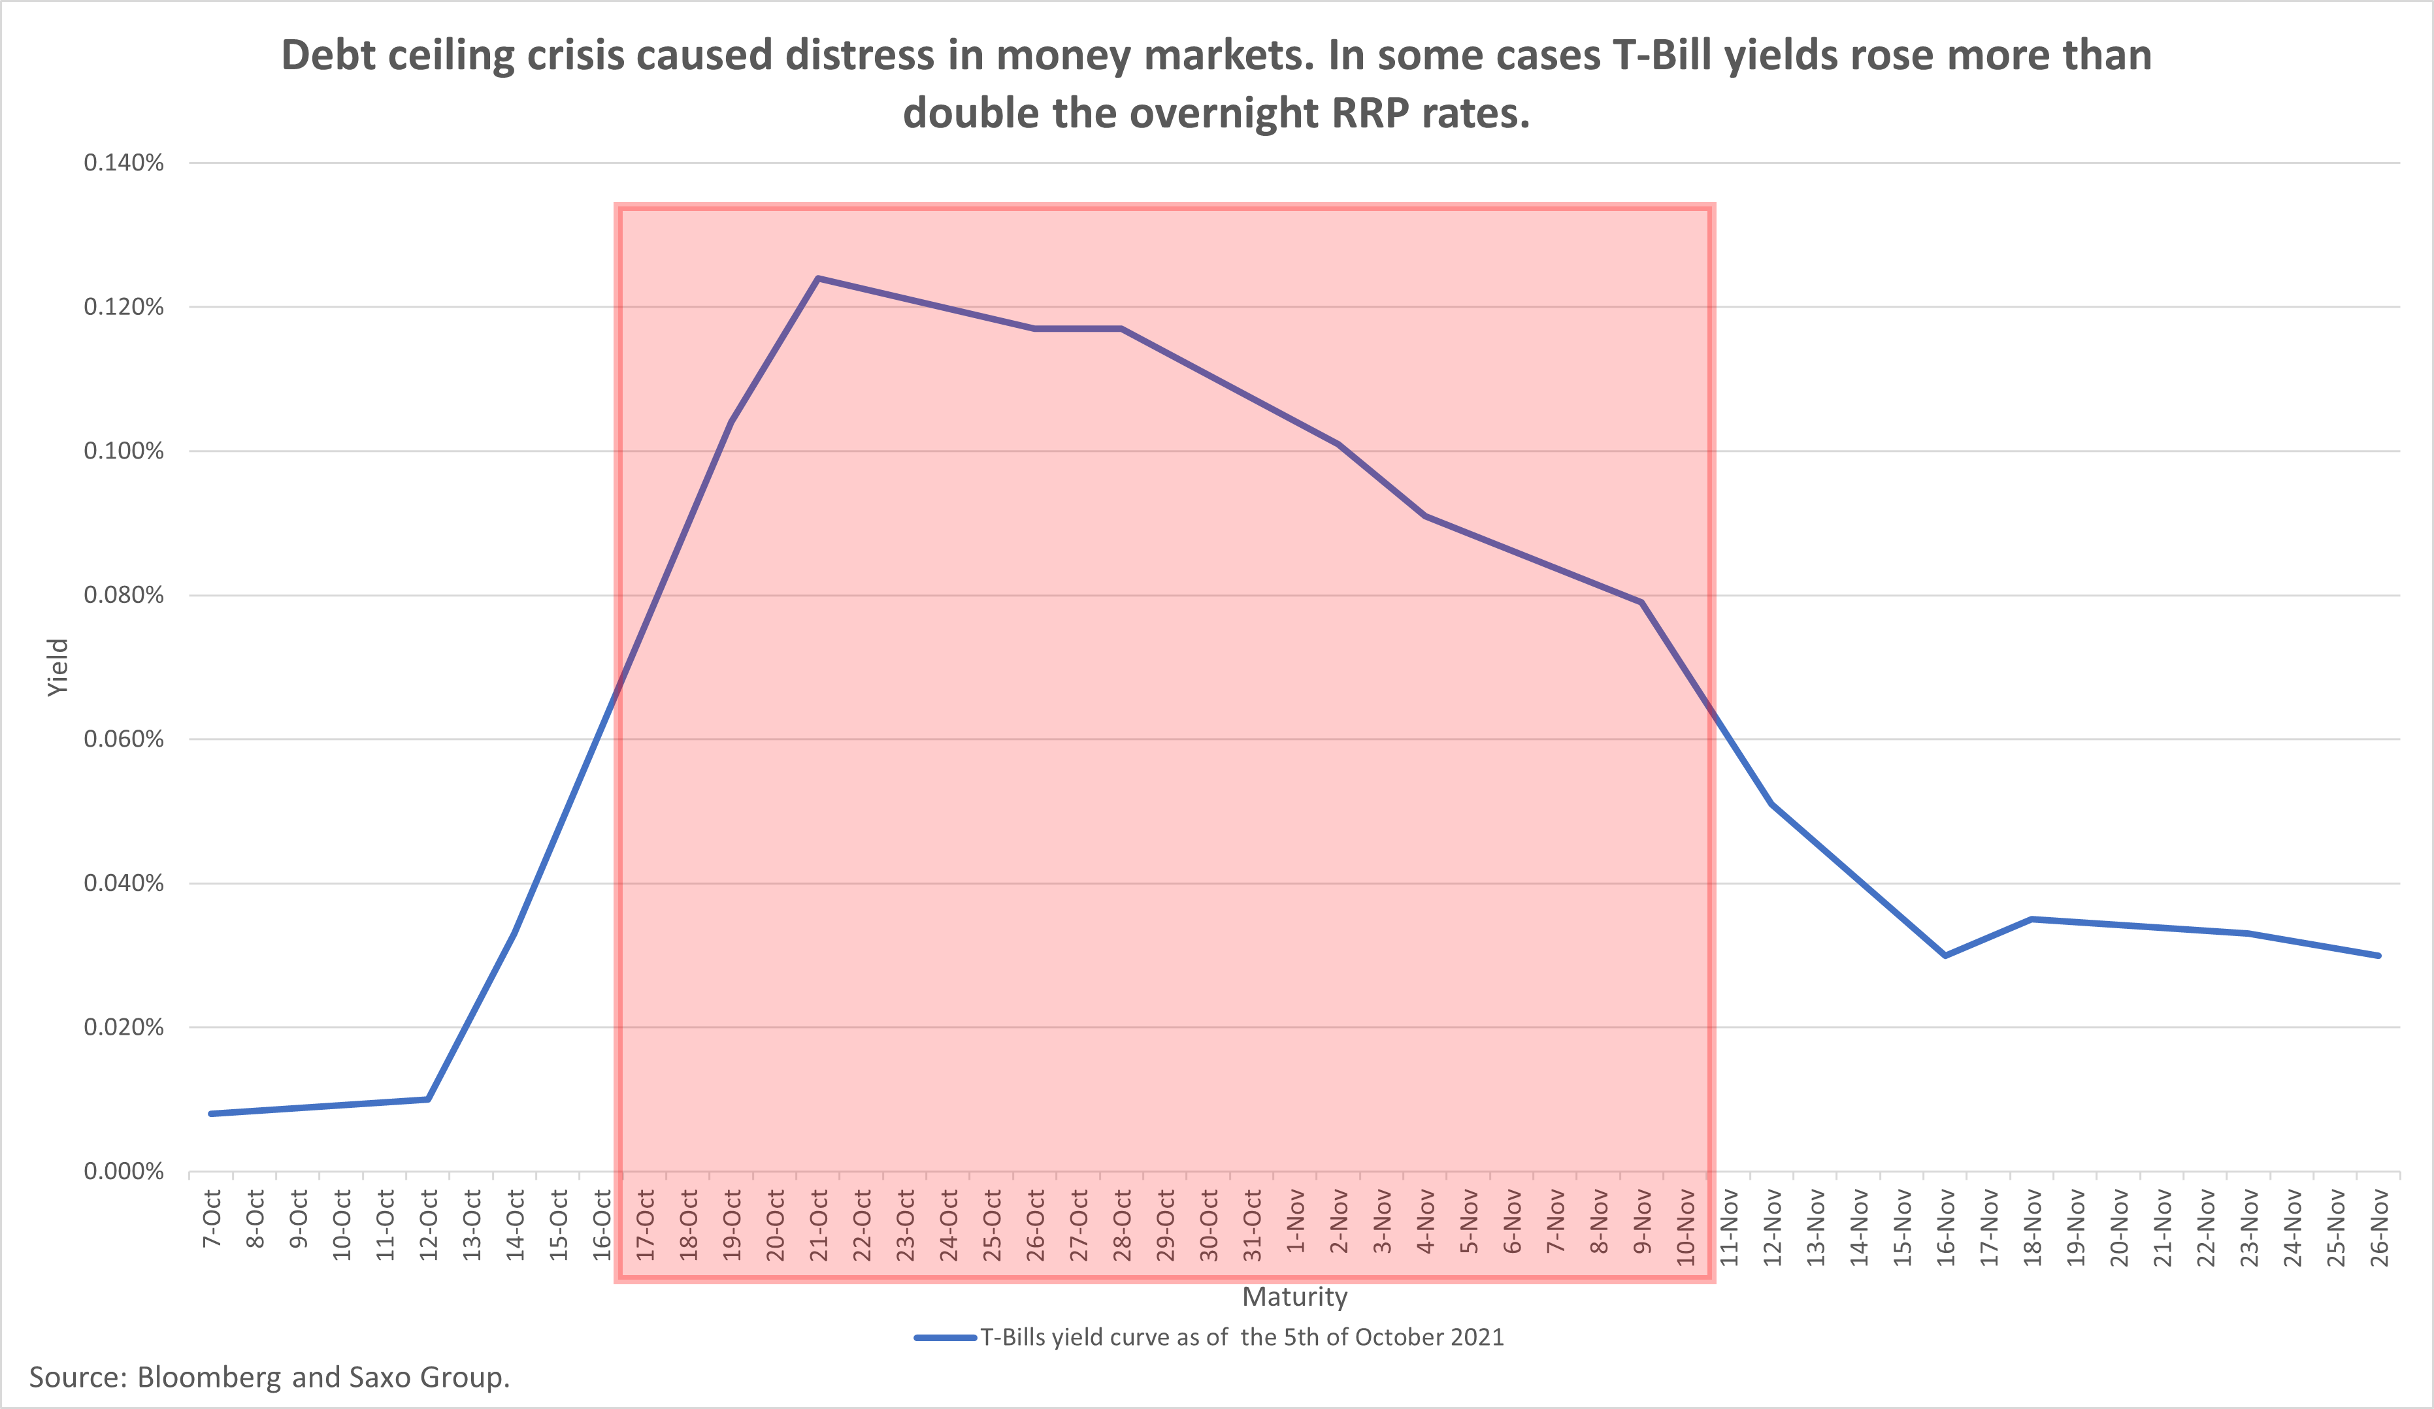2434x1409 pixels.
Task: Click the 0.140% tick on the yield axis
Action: pos(123,163)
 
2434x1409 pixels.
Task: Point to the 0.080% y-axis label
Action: pos(123,595)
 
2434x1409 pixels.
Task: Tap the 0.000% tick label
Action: pos(123,1171)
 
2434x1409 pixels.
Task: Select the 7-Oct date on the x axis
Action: pos(212,1219)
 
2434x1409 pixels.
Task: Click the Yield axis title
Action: pos(58,666)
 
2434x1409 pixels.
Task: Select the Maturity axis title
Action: pos(1294,1297)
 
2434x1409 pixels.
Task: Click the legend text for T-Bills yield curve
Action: pos(1242,1338)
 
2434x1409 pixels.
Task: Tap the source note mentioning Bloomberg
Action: pos(269,1377)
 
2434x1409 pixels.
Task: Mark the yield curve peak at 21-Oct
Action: pos(818,278)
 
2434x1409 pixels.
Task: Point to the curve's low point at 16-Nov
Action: pos(1945,955)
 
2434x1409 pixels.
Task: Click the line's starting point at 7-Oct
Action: pos(212,1114)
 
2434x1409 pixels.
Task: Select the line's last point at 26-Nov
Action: pos(2379,955)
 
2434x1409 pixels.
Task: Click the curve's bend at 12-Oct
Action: pos(428,1099)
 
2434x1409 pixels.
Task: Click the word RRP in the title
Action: pos(1371,114)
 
